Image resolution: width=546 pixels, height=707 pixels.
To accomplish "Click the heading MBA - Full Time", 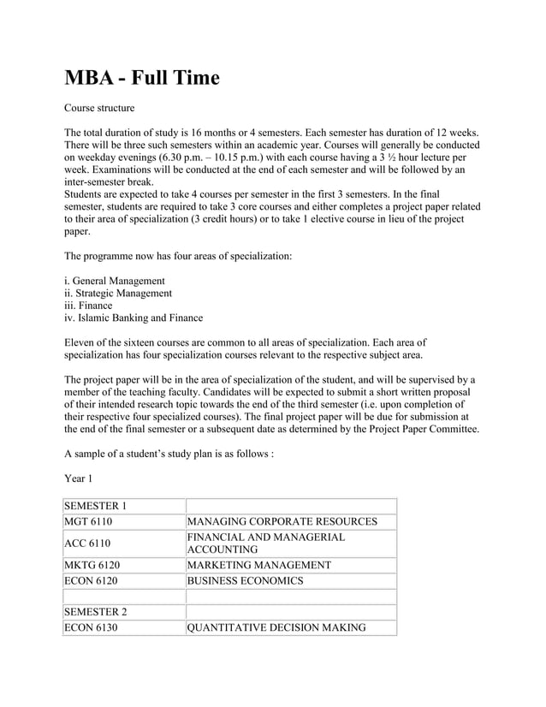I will click(142, 79).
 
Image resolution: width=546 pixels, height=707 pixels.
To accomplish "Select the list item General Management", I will click(115, 280).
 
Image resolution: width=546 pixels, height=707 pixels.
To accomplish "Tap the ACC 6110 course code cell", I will click(88, 543).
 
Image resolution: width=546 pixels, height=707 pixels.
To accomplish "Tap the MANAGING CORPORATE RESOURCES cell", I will click(282, 521).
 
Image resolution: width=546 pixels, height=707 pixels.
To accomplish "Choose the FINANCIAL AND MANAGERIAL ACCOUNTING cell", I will click(266, 543).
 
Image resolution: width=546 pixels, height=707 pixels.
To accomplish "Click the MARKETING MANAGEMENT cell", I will click(258, 565).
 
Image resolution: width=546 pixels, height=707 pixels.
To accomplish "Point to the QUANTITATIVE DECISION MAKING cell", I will click(276, 627).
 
